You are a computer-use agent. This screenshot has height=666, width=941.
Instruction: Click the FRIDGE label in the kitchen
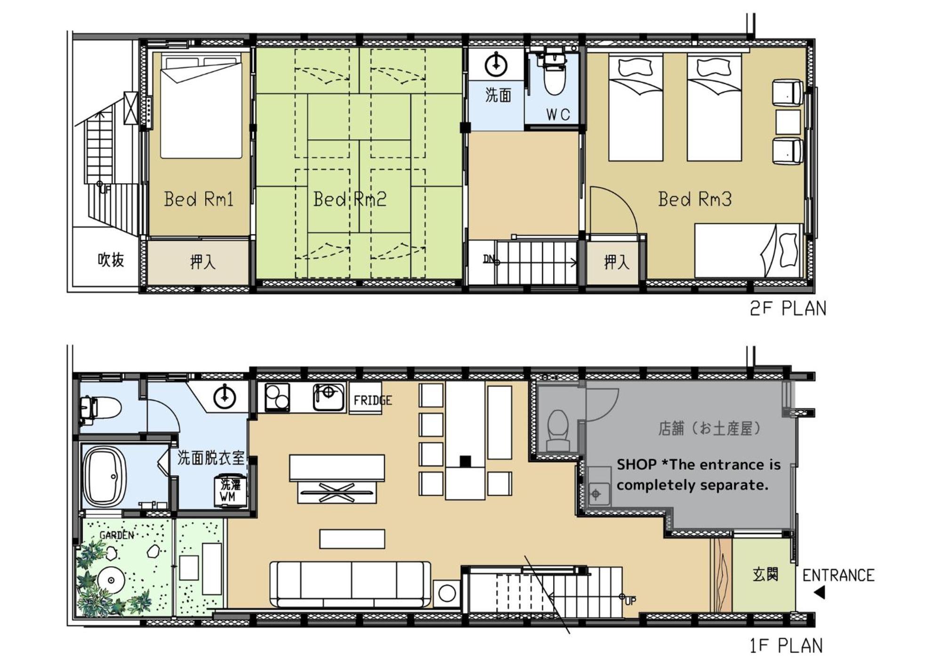[372, 400]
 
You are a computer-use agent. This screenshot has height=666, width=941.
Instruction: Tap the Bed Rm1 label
[199, 199]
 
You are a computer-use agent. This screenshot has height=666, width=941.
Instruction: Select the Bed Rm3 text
[695, 199]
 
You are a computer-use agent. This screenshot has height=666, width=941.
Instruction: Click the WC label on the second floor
[558, 114]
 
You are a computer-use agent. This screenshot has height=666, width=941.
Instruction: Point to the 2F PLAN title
[788, 309]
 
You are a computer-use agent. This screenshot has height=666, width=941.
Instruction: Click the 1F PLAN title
[786, 646]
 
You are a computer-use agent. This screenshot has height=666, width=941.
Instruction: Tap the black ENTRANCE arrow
[820, 593]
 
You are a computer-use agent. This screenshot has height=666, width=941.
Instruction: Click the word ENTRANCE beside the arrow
[838, 575]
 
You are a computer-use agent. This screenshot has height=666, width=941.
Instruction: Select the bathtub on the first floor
[105, 477]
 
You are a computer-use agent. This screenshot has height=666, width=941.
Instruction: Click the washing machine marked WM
[230, 491]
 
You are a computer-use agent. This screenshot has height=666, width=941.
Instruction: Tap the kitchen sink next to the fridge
[329, 397]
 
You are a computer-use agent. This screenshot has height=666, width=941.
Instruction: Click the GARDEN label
[117, 535]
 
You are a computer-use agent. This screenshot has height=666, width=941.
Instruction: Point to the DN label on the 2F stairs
[489, 259]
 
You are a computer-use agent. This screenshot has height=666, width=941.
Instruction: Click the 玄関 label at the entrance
[765, 574]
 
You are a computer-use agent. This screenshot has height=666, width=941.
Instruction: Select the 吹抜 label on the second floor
[111, 260]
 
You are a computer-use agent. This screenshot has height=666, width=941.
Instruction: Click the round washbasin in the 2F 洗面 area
[496, 65]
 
